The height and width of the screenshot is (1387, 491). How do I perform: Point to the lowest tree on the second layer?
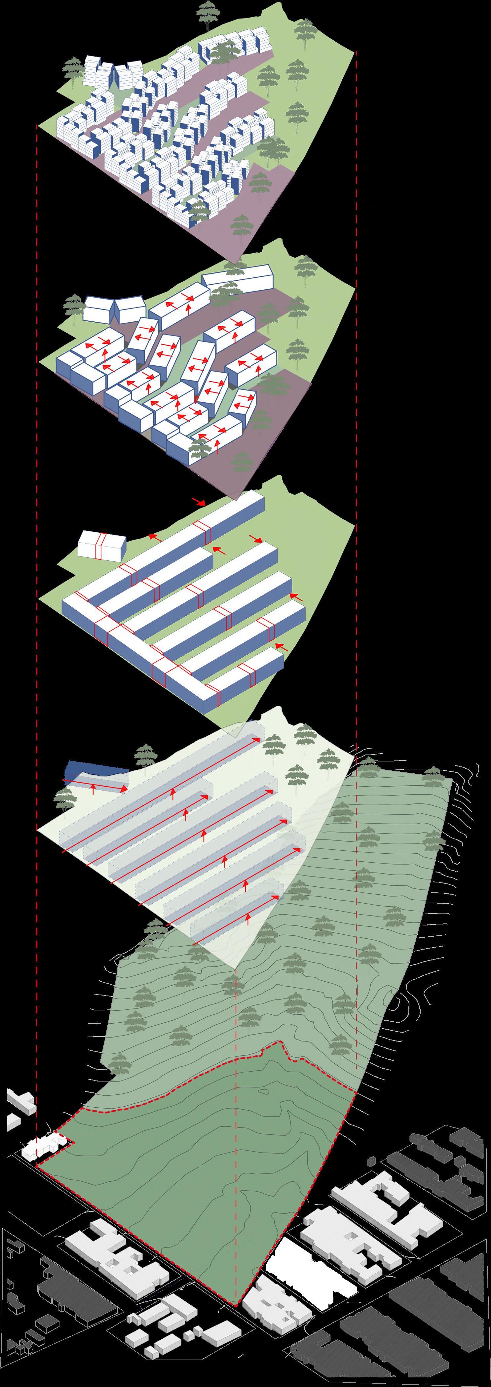(x=241, y=462)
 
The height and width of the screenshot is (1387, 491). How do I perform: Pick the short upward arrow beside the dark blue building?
(x=94, y=789)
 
